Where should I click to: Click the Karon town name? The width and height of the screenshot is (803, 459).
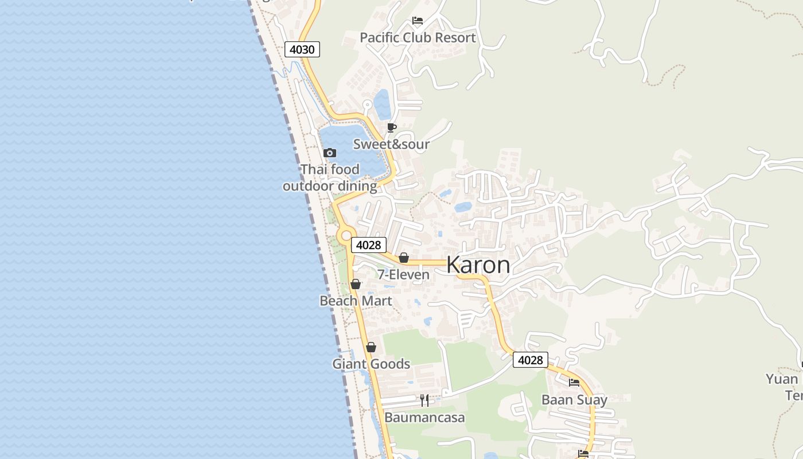click(478, 265)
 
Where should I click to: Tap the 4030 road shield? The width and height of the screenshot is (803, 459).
click(302, 49)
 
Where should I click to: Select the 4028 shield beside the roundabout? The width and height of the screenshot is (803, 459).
click(368, 245)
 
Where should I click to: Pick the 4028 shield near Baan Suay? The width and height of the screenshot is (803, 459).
click(530, 360)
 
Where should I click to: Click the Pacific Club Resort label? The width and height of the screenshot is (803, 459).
click(418, 38)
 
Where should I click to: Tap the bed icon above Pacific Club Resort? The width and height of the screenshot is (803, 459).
click(418, 21)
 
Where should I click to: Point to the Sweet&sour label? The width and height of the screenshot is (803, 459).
click(391, 144)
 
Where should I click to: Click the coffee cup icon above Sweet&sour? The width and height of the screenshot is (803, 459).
click(392, 127)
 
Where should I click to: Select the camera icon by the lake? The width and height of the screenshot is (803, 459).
click(329, 153)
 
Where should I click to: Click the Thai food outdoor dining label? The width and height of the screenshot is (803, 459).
click(330, 178)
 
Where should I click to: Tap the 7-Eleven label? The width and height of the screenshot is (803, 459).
click(403, 275)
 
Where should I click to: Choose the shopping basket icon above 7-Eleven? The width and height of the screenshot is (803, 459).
click(404, 258)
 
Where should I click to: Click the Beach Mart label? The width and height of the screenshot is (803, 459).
click(356, 301)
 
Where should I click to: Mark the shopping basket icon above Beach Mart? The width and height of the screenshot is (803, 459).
click(356, 284)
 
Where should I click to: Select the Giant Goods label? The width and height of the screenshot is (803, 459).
click(371, 364)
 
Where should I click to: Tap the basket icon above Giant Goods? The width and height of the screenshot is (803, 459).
click(371, 347)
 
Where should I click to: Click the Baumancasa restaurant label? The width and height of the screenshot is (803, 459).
click(424, 417)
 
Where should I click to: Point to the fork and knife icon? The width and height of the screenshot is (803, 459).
click(424, 400)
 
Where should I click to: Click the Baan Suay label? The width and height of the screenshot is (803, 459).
click(574, 400)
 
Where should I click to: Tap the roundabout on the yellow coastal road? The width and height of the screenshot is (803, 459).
click(345, 235)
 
